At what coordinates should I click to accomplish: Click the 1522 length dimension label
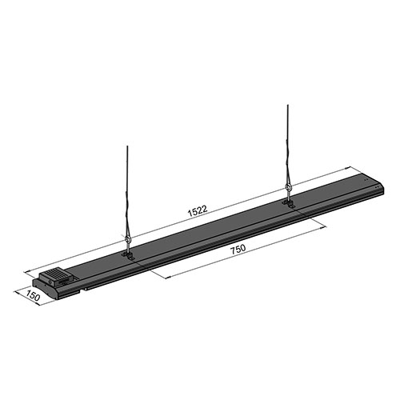tap(198, 210)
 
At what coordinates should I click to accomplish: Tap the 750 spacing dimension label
tap(238, 249)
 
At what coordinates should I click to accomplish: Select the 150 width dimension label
tap(33, 296)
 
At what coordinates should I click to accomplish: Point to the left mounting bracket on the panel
tap(129, 255)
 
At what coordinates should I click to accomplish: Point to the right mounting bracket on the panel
tap(288, 203)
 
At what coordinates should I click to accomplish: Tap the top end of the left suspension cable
tap(127, 146)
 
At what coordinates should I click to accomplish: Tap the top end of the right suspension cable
tap(287, 105)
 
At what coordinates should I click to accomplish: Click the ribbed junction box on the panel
tap(57, 277)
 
